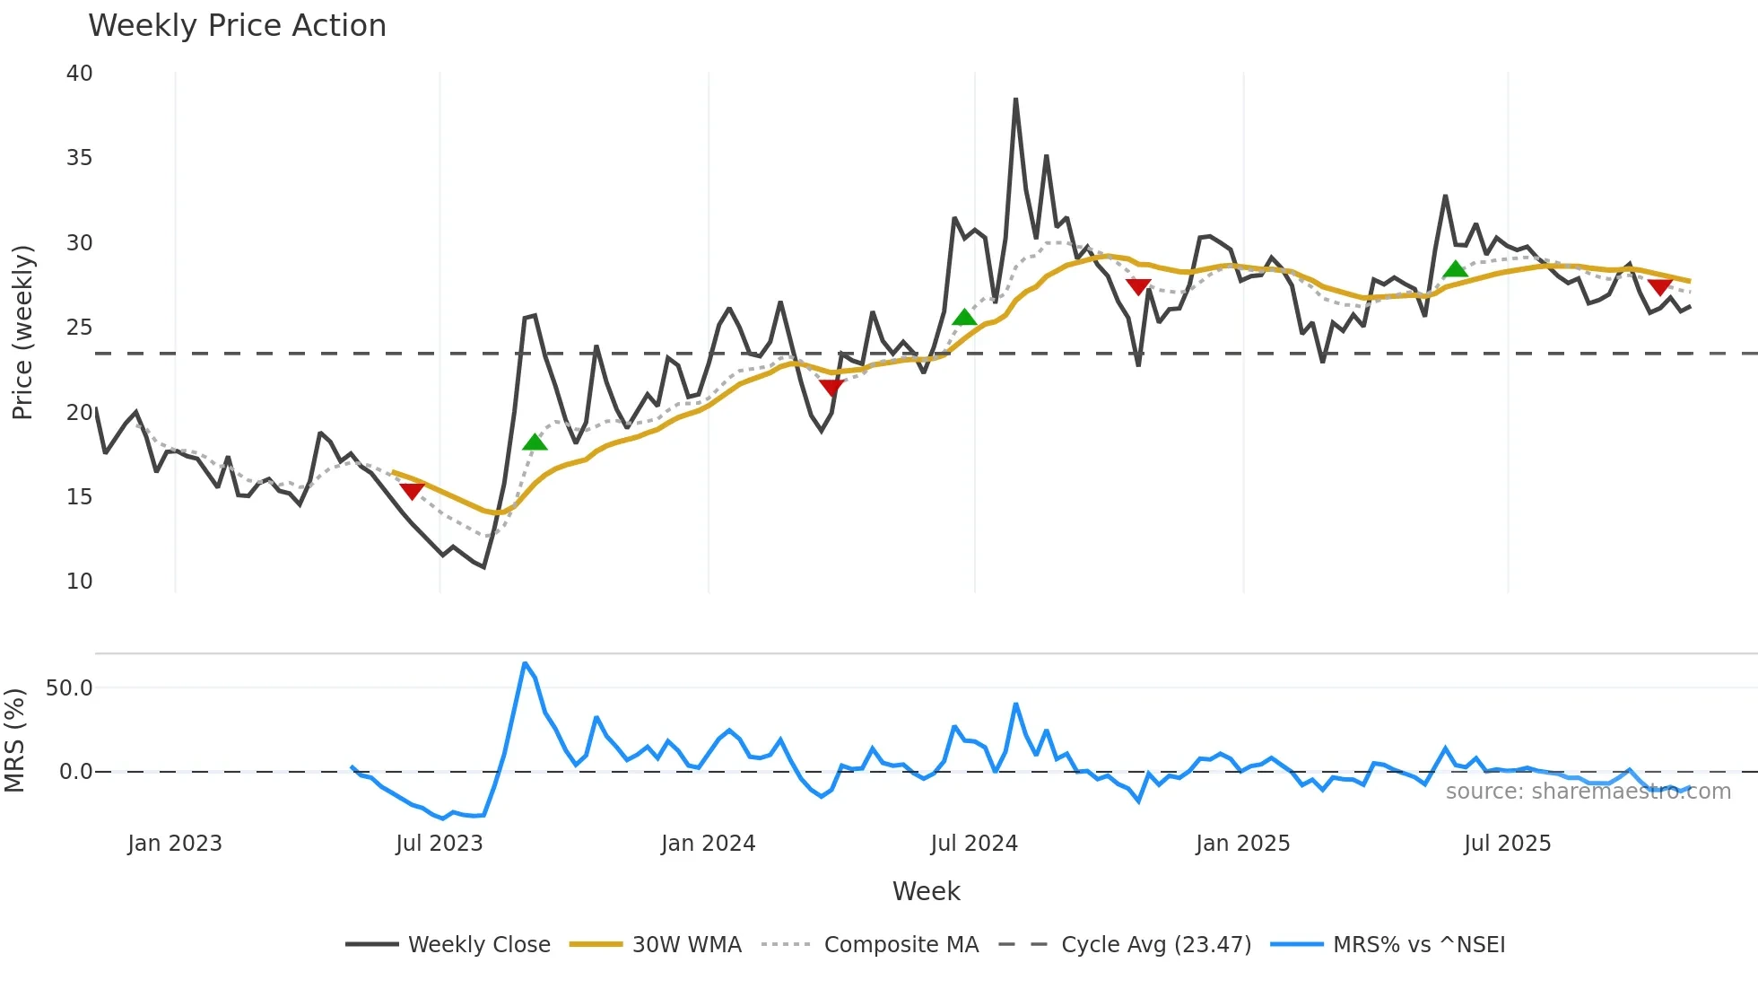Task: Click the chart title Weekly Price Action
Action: (x=237, y=26)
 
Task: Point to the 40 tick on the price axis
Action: (x=79, y=74)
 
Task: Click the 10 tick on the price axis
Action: (x=79, y=582)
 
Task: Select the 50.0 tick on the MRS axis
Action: (x=69, y=688)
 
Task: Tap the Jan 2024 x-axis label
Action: (x=708, y=844)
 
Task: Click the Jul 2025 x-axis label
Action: (x=1507, y=844)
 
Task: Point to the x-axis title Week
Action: (x=926, y=891)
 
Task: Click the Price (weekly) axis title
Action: (x=22, y=332)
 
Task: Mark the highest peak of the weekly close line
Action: (x=1015, y=100)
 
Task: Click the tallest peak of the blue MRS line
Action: (x=525, y=664)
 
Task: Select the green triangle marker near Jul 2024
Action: (x=964, y=317)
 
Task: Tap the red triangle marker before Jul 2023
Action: (x=412, y=491)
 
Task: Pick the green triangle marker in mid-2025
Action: (x=1455, y=268)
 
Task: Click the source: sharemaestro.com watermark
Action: (x=1588, y=792)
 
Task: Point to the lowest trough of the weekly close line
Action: (x=484, y=567)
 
